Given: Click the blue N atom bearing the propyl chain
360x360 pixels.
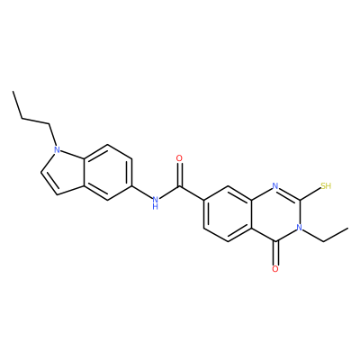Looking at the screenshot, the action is pos(57,149).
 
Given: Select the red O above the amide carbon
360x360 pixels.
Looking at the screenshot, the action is pos(179,158).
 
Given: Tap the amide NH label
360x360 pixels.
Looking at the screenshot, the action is pos(155,202).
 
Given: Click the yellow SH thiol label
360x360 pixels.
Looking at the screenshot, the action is pos(326,186).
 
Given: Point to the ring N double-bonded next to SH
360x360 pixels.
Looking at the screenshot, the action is pos(275,186).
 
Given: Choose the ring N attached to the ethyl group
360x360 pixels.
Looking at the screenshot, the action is pos(300,228).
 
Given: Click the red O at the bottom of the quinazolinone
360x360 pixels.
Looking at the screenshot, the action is pos(275,269).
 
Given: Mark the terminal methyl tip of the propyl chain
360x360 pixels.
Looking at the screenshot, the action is pos(13,91).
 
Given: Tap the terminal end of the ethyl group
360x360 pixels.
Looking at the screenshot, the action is pos(348,228).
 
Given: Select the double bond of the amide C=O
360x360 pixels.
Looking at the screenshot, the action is pos(179,175).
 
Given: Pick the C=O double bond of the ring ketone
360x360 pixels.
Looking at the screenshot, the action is pos(275,253).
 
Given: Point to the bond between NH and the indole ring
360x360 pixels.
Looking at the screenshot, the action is pos(141,193).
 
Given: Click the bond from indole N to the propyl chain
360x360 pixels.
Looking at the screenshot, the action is pos(52,134).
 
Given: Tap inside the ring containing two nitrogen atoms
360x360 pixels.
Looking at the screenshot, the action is pos(275,213).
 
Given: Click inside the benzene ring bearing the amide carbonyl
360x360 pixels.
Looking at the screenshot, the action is pos(228,213).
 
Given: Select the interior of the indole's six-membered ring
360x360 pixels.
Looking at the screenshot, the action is pos(108,173).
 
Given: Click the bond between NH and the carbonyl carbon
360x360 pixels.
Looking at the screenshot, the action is pos(169,193).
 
